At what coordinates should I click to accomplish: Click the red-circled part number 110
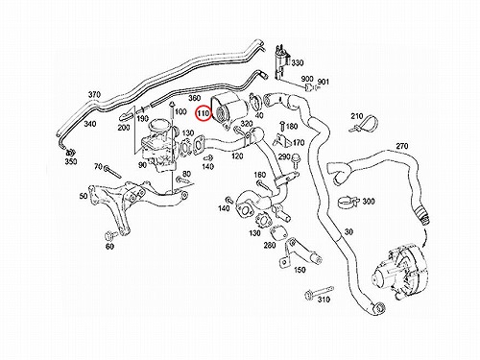pyautogui.click(x=204, y=113)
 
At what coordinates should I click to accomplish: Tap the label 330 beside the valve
pyautogui.click(x=298, y=62)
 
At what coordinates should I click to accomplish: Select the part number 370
pyautogui.click(x=94, y=95)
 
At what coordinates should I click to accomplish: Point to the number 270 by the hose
pyautogui.click(x=402, y=146)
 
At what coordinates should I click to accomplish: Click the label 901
pyautogui.click(x=323, y=82)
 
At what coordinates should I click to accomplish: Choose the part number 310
pyautogui.click(x=324, y=300)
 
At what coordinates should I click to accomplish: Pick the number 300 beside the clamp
pyautogui.click(x=369, y=202)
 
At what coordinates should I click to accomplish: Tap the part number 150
pyautogui.click(x=300, y=270)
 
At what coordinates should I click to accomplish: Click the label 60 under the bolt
pyautogui.click(x=109, y=247)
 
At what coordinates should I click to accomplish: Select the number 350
pyautogui.click(x=71, y=161)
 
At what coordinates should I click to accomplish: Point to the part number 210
pyautogui.click(x=357, y=116)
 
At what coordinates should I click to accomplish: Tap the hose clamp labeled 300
pyautogui.click(x=348, y=202)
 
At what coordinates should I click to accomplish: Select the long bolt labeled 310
pyautogui.click(x=319, y=291)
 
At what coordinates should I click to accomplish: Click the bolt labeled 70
pyautogui.click(x=112, y=171)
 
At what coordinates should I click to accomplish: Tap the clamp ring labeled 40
pyautogui.click(x=255, y=102)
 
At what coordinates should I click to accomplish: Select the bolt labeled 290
pyautogui.click(x=295, y=160)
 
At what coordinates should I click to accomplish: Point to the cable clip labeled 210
pyautogui.click(x=365, y=125)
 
